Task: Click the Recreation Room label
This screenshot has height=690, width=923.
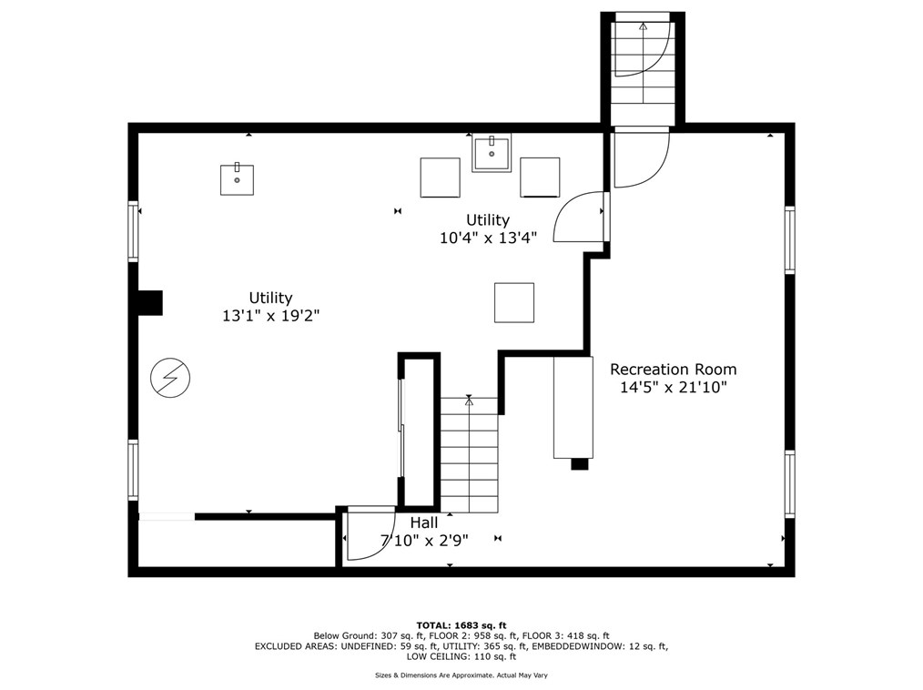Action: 673,370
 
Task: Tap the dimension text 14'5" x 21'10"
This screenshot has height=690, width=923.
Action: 674,388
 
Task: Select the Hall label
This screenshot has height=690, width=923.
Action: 424,523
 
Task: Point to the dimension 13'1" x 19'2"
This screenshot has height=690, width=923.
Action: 270,316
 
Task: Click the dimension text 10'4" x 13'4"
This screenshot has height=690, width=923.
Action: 488,238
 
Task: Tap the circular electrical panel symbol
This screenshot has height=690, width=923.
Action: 170,378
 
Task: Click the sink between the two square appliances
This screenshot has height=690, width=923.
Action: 492,153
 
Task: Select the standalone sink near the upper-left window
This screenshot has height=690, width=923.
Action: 238,179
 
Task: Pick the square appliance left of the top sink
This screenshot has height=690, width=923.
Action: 441,178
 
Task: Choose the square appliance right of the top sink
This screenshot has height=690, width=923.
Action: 540,178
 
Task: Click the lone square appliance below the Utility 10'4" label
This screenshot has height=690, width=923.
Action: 514,302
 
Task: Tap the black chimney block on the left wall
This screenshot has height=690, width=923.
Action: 149,302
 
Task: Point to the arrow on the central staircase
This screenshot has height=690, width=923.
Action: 469,401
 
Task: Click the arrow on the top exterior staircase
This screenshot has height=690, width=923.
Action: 643,26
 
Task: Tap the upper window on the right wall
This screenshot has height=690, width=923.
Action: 789,239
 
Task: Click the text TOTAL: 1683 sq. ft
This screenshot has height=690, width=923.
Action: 461,625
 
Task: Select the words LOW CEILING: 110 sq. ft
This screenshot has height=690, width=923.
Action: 461,656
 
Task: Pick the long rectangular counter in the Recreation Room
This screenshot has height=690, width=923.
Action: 573,407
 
